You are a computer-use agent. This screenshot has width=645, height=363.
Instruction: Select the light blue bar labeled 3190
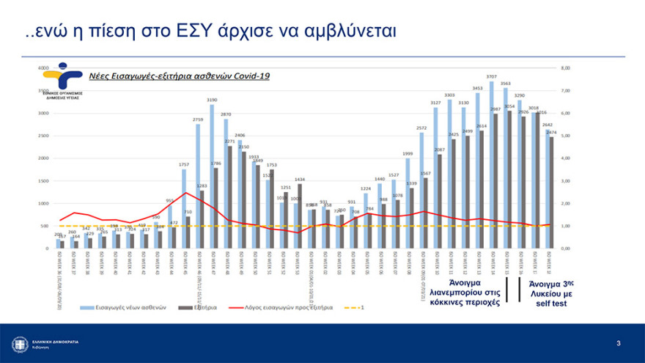click(212, 176)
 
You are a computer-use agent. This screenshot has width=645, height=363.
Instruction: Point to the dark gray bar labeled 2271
click(230, 197)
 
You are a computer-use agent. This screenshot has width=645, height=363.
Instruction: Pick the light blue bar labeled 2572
click(421, 191)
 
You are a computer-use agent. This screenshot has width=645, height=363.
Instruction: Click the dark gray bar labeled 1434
click(299, 216)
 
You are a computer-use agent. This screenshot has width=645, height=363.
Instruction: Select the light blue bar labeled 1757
click(184, 209)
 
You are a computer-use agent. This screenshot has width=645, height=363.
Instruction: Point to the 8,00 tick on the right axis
click(564, 67)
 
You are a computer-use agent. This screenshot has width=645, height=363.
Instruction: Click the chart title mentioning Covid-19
click(169, 76)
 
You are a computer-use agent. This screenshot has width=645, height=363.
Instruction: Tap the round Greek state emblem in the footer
click(20, 343)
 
